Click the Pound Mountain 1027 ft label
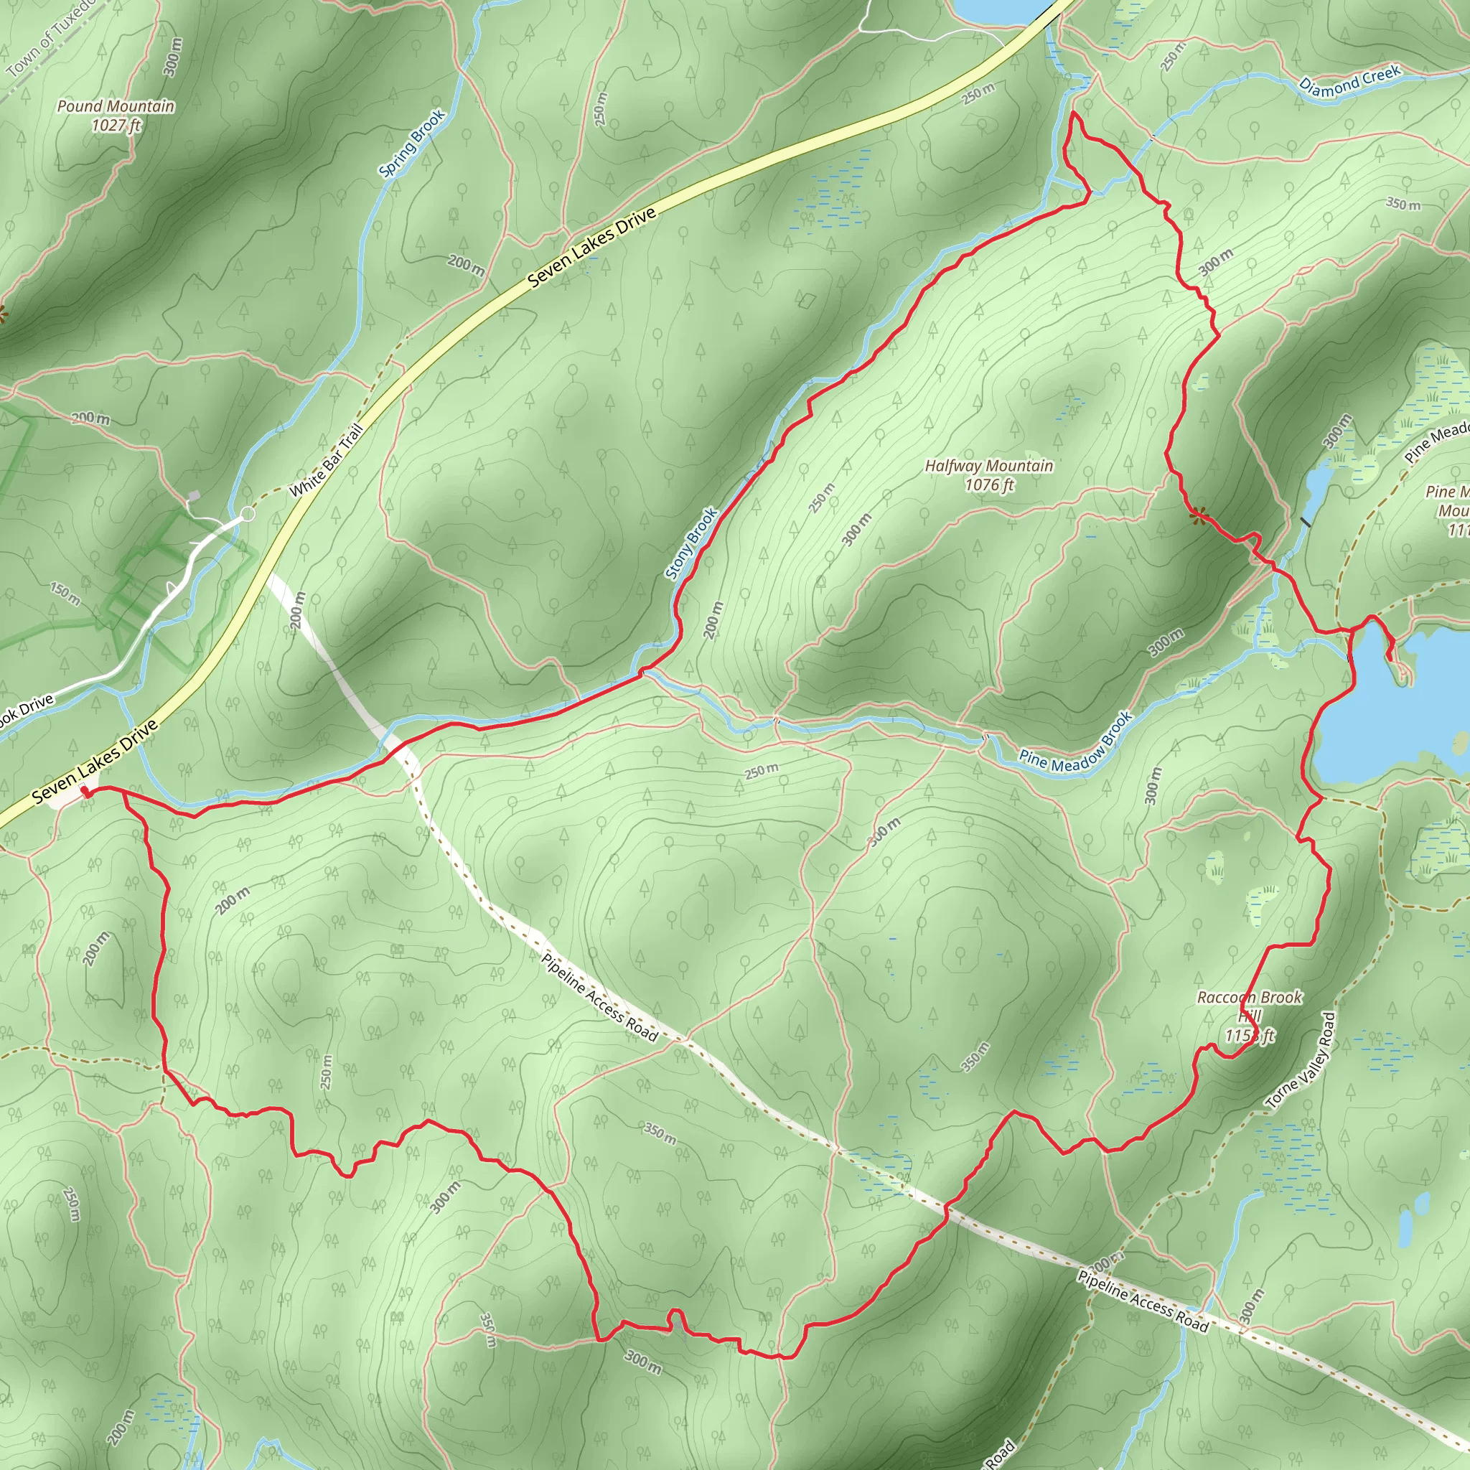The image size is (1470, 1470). [116, 116]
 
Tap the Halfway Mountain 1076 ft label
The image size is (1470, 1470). [989, 474]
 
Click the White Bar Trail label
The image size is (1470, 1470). [326, 461]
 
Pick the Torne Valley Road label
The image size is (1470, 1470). [1301, 1060]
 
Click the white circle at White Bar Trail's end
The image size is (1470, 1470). [248, 515]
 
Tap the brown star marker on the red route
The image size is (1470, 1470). [1200, 517]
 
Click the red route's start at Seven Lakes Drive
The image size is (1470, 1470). [85, 792]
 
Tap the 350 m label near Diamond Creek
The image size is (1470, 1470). [1403, 204]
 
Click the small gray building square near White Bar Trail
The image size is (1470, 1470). [194, 495]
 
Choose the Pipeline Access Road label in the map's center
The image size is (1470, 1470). [599, 997]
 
